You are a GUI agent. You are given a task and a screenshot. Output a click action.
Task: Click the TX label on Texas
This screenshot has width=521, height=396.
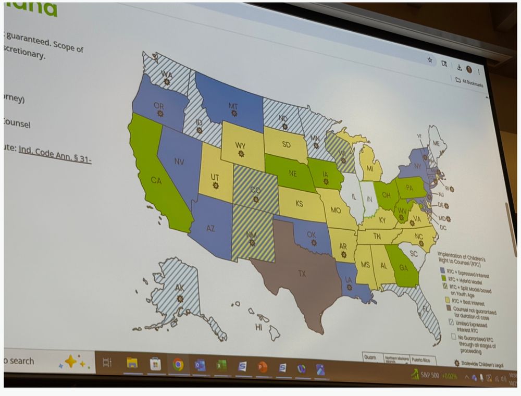302,274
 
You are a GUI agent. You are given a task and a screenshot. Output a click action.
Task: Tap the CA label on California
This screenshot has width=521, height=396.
156,180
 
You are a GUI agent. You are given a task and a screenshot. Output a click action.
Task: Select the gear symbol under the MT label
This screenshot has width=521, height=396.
234,113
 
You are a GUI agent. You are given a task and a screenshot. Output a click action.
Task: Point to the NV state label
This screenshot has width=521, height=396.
179,162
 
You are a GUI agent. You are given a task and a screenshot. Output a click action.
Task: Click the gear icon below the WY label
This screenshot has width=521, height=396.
241,154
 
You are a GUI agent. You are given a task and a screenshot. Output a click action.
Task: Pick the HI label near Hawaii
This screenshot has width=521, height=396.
258,327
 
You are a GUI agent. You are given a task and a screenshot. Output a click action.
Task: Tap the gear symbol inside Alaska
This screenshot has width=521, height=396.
180,299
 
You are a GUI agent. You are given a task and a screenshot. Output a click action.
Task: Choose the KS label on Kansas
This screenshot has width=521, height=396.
300,203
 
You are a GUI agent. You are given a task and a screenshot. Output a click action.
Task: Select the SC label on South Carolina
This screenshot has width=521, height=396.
414,253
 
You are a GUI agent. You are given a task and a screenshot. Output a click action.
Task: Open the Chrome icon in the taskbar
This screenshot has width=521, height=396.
178,365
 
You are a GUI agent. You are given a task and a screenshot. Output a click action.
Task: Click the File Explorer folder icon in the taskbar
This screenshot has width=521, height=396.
132,363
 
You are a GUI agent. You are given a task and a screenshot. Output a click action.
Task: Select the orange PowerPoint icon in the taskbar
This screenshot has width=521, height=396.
262,367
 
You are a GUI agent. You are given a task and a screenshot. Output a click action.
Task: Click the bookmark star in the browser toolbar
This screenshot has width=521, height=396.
430,60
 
